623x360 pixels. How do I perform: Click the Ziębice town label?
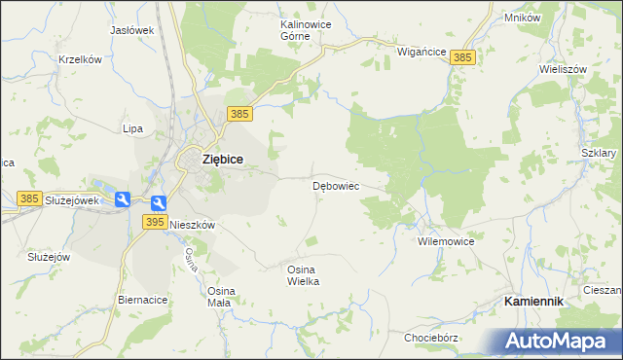(222, 159)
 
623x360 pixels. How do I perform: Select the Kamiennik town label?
(533, 302)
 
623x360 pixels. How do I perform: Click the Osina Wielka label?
(303, 274)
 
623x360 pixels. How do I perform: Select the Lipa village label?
(132, 128)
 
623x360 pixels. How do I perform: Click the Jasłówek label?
(132, 30)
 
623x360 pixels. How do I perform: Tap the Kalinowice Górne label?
(281, 28)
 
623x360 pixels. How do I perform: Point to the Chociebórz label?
(431, 338)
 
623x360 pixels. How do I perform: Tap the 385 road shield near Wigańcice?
(463, 58)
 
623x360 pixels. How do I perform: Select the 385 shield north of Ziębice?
(241, 115)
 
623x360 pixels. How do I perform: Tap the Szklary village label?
(599, 153)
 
